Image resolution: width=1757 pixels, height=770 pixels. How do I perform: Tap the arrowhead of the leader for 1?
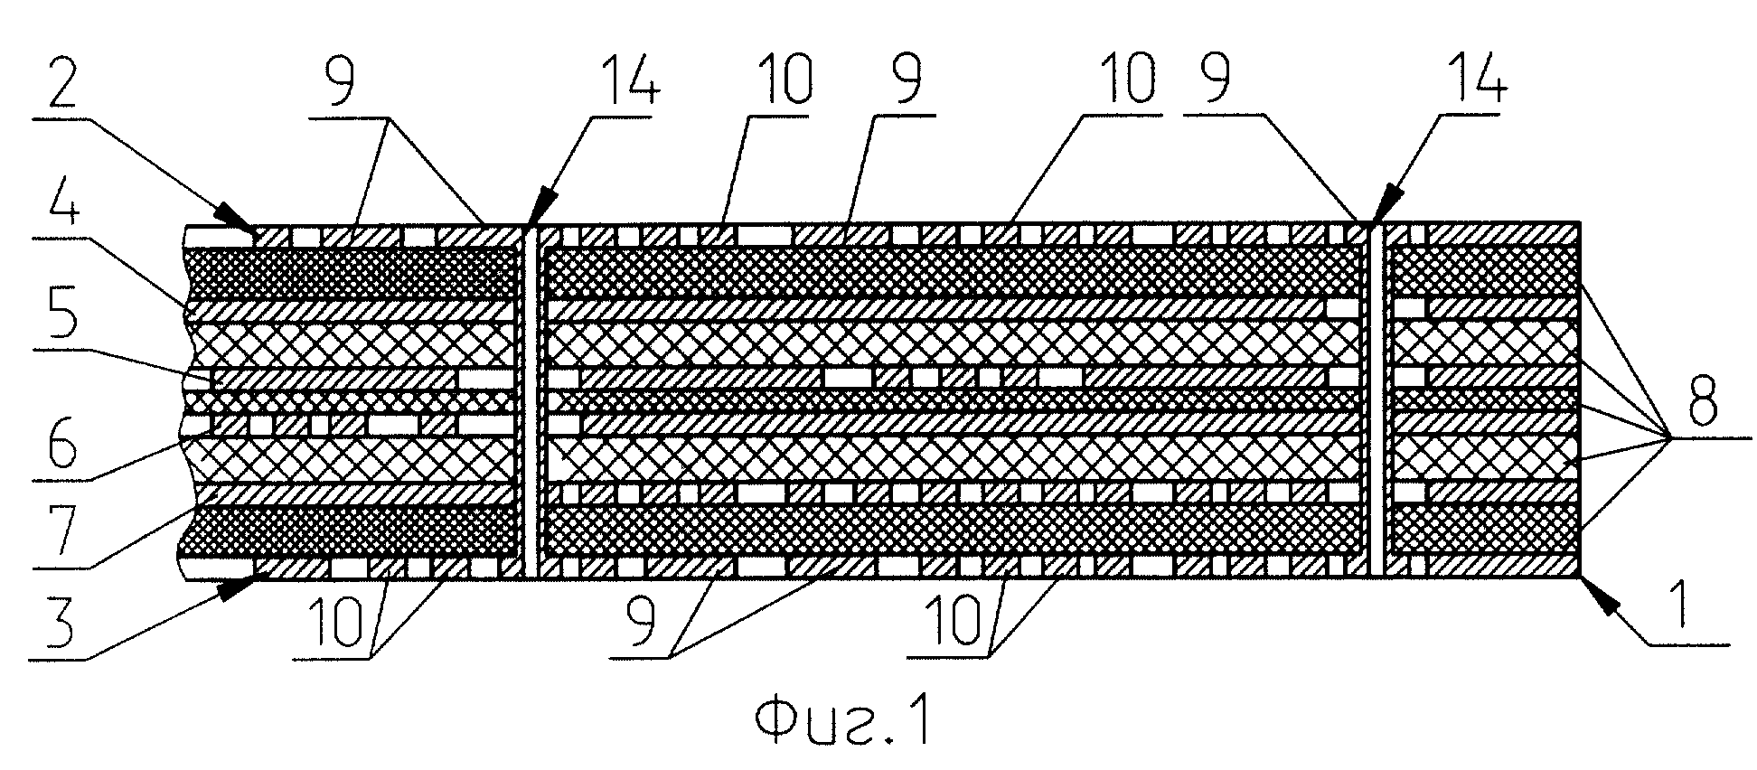coord(1593,593)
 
